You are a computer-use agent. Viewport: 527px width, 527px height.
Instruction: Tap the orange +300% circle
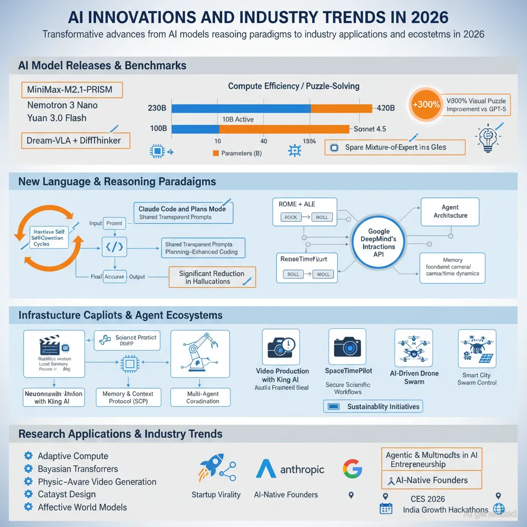[x=426, y=104]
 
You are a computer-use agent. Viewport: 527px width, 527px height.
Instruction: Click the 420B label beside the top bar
[x=385, y=108]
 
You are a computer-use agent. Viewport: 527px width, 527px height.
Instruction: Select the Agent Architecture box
[x=450, y=212]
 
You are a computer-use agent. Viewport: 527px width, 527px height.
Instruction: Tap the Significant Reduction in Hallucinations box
[x=212, y=277]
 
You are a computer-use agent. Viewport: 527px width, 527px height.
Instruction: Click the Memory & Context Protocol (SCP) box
[x=128, y=397]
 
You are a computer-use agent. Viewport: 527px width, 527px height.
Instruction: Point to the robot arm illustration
[x=200, y=355]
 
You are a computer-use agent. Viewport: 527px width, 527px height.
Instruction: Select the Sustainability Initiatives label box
[x=373, y=407]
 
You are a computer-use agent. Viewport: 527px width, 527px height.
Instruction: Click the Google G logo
[x=353, y=469]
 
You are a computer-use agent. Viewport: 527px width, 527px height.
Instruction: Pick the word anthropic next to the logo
[x=303, y=469]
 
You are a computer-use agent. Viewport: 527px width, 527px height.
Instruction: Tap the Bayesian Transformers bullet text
[x=78, y=469]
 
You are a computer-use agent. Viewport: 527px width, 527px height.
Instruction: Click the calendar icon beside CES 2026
[x=385, y=508]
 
